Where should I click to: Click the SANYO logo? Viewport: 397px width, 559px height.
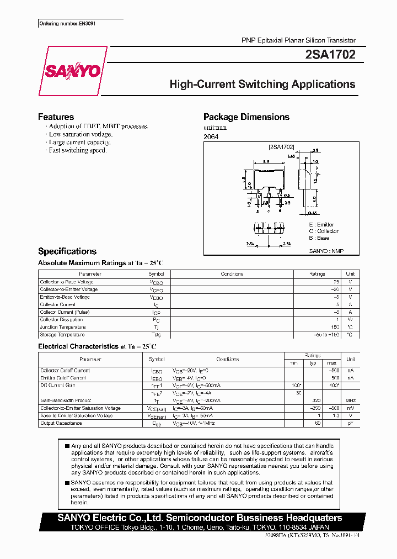click(x=72, y=71)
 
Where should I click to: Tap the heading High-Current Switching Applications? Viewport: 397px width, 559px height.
click(x=262, y=85)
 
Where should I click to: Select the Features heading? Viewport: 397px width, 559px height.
click(x=56, y=117)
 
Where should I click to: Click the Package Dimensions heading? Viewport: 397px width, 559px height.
click(x=246, y=117)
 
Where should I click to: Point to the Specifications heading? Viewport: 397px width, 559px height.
click(x=67, y=251)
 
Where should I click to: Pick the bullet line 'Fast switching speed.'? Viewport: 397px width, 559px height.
click(x=78, y=150)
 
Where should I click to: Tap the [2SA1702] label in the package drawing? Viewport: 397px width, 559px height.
click(x=281, y=147)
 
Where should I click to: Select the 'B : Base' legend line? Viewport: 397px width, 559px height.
click(x=319, y=238)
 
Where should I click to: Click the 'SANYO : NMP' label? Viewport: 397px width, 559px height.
click(x=326, y=251)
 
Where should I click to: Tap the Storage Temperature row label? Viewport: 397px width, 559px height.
click(x=62, y=335)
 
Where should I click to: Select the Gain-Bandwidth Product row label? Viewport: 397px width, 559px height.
click(x=66, y=400)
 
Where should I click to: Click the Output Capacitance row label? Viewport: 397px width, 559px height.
click(x=61, y=423)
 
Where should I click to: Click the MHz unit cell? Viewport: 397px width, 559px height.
click(x=350, y=400)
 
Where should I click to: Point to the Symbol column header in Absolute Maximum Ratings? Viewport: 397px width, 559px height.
click(x=156, y=274)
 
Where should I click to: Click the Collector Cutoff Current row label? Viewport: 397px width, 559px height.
click(x=65, y=371)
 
